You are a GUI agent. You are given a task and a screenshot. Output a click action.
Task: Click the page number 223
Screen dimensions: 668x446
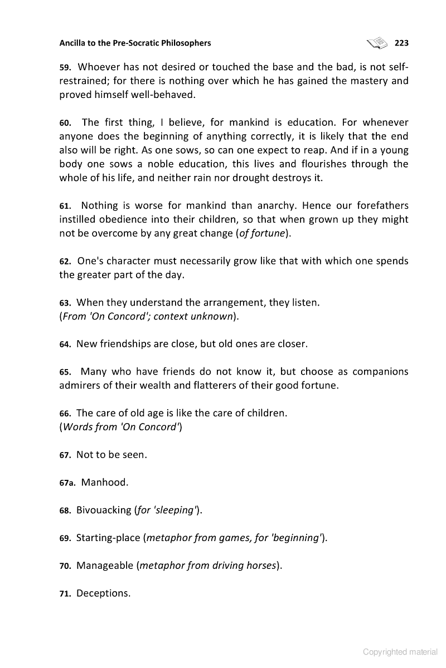tap(401, 43)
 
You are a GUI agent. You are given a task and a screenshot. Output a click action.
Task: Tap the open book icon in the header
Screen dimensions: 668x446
tap(377, 42)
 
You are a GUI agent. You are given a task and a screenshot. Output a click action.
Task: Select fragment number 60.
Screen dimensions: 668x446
tap(66, 123)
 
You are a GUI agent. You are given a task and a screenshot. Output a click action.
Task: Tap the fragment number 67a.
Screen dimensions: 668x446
tap(67, 483)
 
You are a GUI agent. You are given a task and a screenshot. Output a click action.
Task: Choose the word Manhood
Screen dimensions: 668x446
tap(105, 482)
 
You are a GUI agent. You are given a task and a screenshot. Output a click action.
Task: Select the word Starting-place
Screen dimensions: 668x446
tap(108, 538)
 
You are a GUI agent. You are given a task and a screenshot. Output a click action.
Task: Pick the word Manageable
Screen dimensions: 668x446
tap(105, 566)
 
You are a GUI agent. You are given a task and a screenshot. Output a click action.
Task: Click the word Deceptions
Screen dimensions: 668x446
tap(103, 593)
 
